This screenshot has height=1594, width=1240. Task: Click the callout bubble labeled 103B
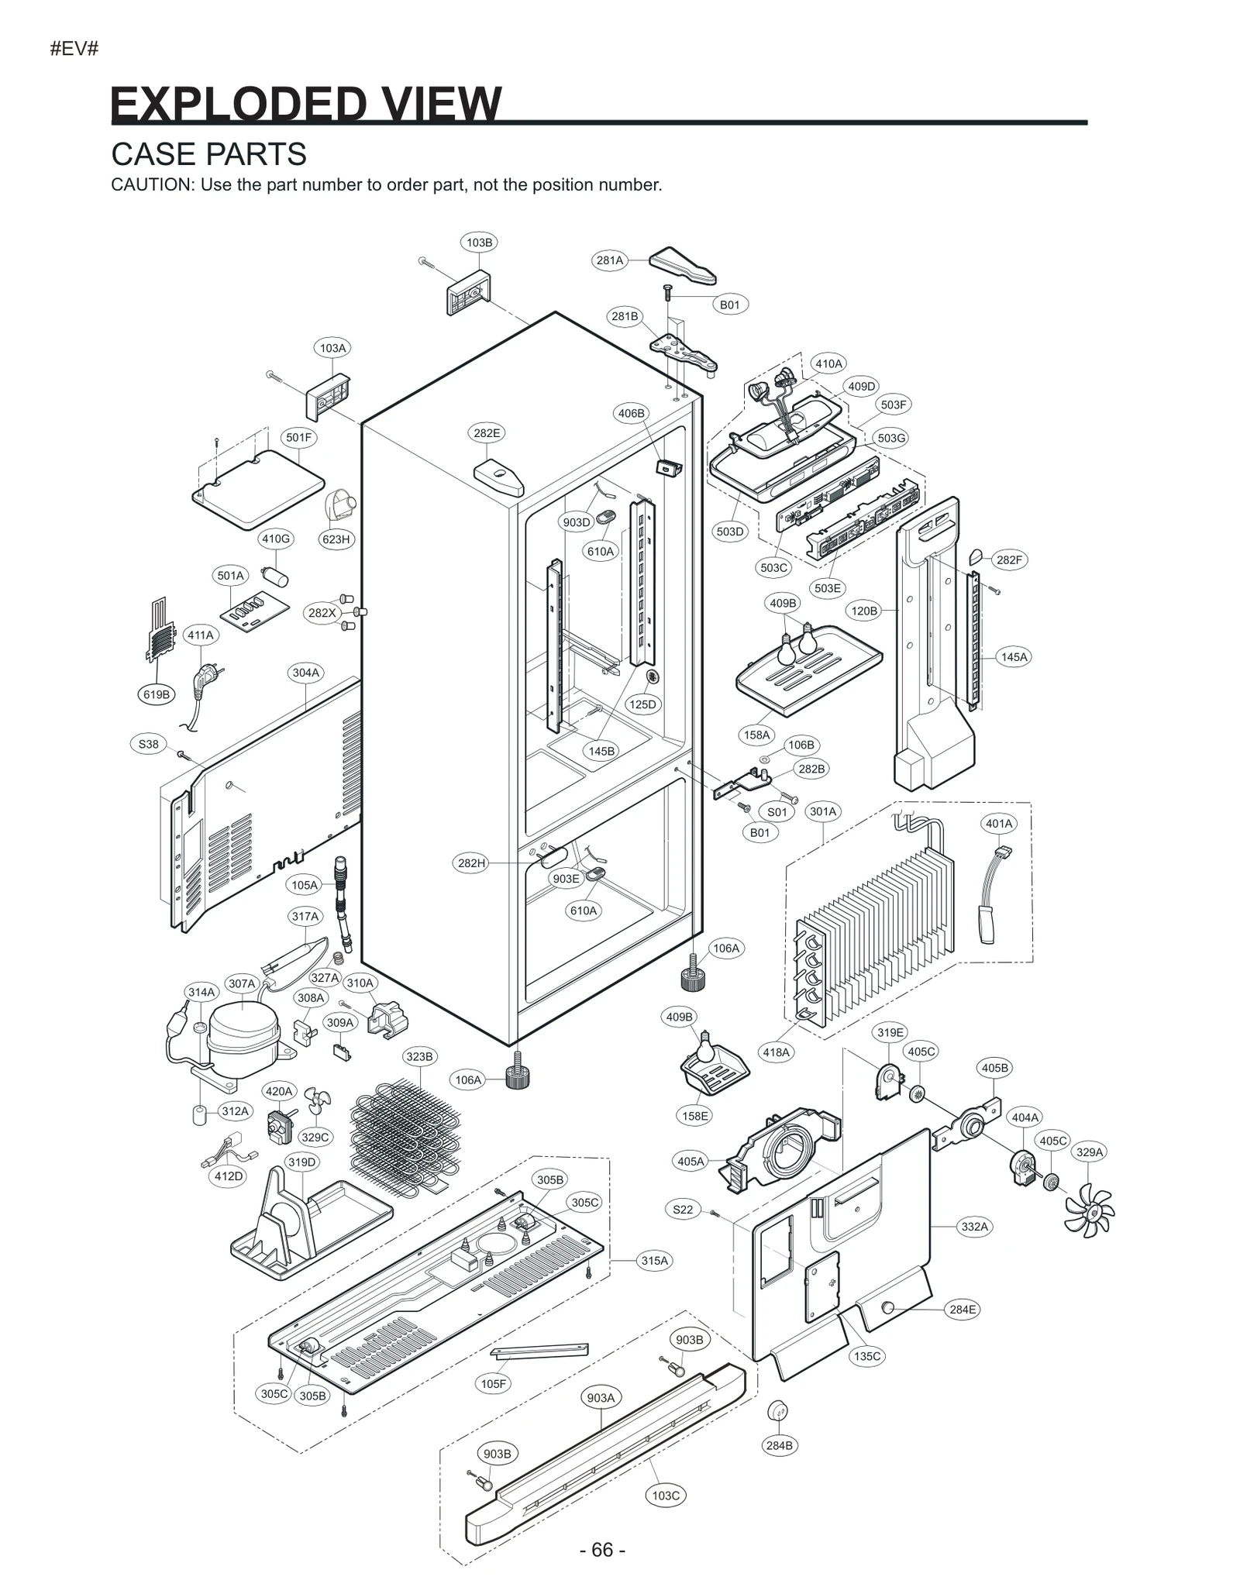tap(479, 243)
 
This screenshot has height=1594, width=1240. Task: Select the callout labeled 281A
tap(610, 260)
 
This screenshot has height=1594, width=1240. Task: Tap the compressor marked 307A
tap(243, 1031)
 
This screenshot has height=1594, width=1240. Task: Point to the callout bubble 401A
tap(999, 824)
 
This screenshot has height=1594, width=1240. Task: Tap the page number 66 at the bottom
tap(602, 1550)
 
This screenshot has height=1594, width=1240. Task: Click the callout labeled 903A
tap(601, 1398)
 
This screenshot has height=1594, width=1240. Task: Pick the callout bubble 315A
tap(654, 1261)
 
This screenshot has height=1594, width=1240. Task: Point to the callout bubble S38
tap(148, 744)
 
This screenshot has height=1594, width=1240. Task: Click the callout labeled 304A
tap(305, 673)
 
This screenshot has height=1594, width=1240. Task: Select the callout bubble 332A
tap(974, 1227)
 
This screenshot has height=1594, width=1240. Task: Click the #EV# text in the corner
tap(74, 49)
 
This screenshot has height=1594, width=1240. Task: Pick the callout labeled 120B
tap(864, 611)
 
